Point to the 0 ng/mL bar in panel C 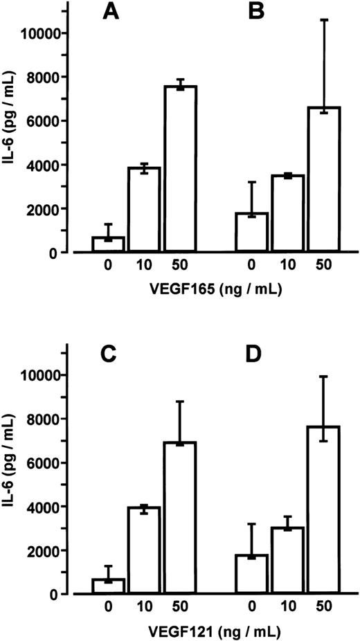click(107, 586)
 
